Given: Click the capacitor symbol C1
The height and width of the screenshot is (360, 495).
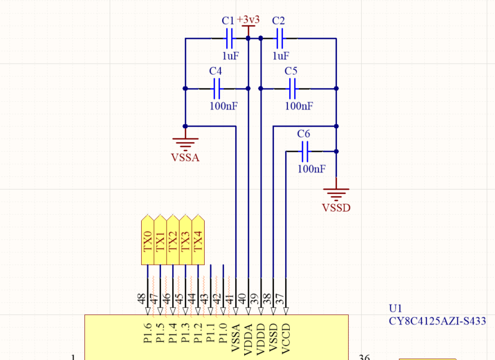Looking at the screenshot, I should tap(228, 38).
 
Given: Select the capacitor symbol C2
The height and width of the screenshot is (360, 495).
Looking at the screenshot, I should tap(279, 38).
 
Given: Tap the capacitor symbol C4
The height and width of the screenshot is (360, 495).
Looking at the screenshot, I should tap(216, 88).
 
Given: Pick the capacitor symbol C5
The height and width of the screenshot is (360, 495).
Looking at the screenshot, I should tap(291, 88).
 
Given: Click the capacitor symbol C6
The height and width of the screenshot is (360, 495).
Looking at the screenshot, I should tap(304, 151).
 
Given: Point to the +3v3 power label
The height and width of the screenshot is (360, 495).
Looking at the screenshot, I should tap(248, 20).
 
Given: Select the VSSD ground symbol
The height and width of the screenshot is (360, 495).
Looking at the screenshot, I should tap(336, 194).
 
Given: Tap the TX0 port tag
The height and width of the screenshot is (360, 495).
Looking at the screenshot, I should tap(147, 240).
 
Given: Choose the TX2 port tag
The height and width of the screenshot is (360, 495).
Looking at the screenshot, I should tap(173, 240).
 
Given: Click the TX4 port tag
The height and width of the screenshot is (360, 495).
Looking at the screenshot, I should tap(197, 240).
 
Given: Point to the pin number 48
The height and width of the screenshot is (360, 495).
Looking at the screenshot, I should tap(142, 298).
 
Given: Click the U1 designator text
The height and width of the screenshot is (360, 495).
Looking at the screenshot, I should tap(395, 309).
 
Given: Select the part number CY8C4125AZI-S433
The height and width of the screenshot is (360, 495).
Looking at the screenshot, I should tap(437, 321).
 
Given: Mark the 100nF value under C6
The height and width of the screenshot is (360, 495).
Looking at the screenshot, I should tap(312, 169).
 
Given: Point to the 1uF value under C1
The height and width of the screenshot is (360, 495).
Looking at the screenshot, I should tap(229, 56).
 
